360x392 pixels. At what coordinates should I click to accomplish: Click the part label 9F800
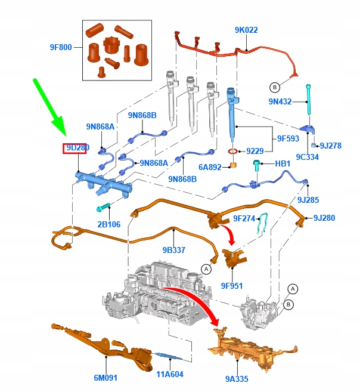(61, 47)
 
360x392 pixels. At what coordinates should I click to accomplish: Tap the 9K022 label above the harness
(246, 30)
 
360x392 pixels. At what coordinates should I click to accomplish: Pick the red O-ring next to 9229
(233, 151)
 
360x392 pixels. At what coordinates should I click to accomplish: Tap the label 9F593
(288, 138)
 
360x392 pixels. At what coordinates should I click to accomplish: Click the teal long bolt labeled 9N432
(309, 100)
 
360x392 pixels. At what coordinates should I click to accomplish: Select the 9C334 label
(308, 157)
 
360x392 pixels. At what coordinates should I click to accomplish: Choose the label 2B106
(109, 224)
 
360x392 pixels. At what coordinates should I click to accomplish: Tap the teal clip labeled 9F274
(262, 223)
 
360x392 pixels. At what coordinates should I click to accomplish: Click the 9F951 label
(232, 286)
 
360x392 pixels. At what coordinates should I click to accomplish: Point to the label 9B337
(174, 250)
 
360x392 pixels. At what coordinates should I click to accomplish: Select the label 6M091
(105, 378)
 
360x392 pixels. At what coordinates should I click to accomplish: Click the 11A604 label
(170, 374)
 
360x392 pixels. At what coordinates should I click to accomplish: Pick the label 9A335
(237, 379)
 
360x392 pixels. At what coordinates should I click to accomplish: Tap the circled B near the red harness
(275, 87)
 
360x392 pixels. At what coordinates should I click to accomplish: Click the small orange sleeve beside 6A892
(233, 165)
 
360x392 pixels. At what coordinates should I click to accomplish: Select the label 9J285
(308, 200)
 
